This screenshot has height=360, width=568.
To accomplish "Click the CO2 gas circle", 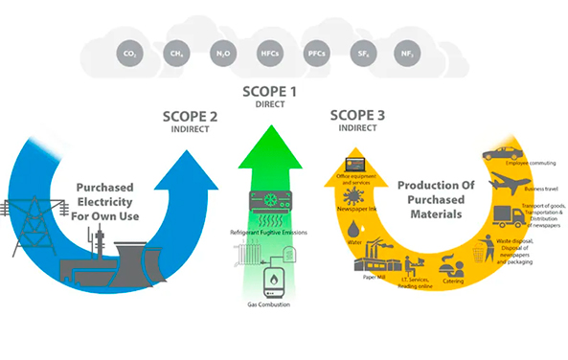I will (x=128, y=54).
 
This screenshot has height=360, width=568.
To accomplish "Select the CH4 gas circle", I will (x=174, y=54).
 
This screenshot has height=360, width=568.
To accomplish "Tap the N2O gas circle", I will (x=221, y=54).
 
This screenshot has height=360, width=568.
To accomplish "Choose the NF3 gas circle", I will (x=409, y=54).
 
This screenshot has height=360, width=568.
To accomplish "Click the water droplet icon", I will (x=355, y=230).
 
